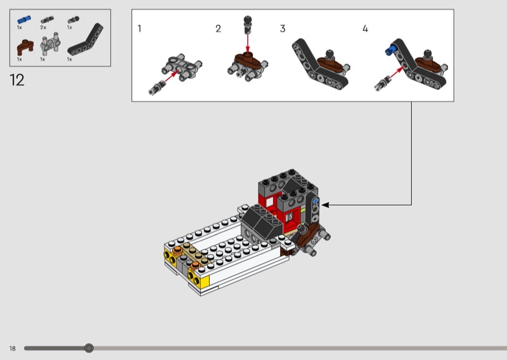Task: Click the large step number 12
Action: pyautogui.click(x=17, y=80)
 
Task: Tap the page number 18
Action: pyautogui.click(x=12, y=349)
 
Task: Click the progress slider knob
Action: pyautogui.click(x=89, y=348)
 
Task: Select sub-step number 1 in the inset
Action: pyautogui.click(x=139, y=29)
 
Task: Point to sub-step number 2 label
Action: pyautogui.click(x=218, y=29)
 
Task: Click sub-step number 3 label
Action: pyautogui.click(x=283, y=29)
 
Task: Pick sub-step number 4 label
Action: pyautogui.click(x=365, y=29)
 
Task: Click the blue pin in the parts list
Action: pyautogui.click(x=24, y=20)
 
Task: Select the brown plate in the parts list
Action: pyautogui.click(x=25, y=48)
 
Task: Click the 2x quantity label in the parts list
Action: pyautogui.click(x=43, y=27)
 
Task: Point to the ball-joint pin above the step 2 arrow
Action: pyautogui.click(x=247, y=25)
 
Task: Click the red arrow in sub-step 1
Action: pyautogui.click(x=171, y=76)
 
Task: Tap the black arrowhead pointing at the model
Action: pyautogui.click(x=325, y=205)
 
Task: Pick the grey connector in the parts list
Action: pyautogui.click(x=50, y=44)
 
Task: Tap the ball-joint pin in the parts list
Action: pyautogui.click(x=73, y=20)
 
